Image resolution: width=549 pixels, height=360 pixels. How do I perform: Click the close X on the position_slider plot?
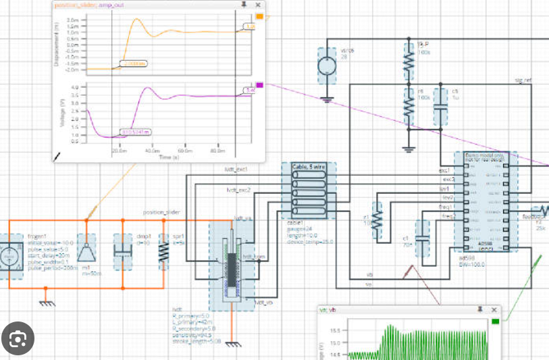point(259,5)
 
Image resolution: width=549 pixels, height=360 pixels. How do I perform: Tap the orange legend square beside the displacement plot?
point(259,17)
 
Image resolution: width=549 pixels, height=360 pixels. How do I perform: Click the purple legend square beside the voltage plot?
point(259,85)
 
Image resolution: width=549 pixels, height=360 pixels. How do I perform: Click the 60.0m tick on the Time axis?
point(184,151)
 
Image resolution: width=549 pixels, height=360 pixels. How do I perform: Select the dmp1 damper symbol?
point(123,251)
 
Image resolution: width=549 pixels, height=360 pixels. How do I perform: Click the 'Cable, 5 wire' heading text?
point(308,165)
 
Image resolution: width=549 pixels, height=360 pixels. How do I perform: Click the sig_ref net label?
point(524,80)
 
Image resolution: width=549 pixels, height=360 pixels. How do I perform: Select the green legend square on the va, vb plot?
point(496,320)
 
